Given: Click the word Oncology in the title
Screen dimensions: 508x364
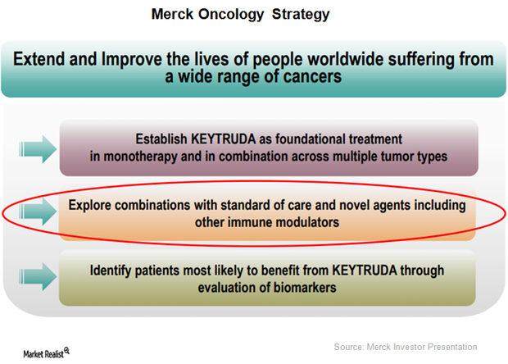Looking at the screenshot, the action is click(231, 15).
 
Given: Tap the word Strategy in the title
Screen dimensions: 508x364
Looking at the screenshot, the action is click(301, 15).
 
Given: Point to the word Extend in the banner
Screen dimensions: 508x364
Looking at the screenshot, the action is click(39, 59).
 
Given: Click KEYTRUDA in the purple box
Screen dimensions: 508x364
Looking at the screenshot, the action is click(223, 139).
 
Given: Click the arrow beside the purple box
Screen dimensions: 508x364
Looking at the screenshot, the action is click(38, 149).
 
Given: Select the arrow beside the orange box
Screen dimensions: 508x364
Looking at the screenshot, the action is click(38, 212).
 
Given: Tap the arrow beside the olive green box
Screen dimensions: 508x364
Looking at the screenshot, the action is click(38, 276).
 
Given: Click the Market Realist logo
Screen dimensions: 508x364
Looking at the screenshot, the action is click(46, 353).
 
